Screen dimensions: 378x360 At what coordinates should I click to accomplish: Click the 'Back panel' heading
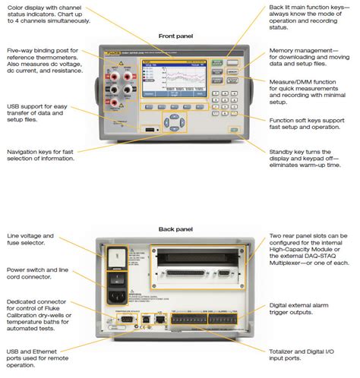pos(175,228)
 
